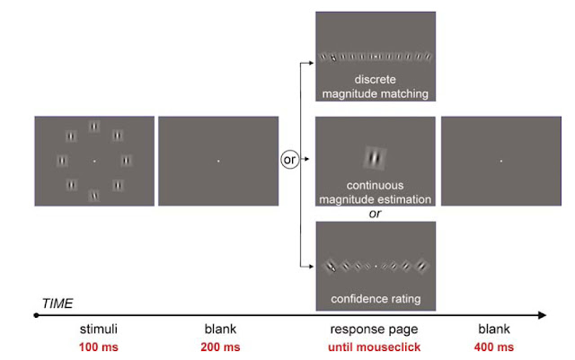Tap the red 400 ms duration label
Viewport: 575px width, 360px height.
pyautogui.click(x=495, y=347)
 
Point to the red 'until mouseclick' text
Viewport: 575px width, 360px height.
pyautogui.click(x=375, y=347)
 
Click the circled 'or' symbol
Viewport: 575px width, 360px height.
pyautogui.click(x=289, y=160)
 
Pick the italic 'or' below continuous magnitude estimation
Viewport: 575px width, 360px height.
pyautogui.click(x=375, y=214)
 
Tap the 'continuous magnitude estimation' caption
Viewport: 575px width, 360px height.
pyautogui.click(x=376, y=192)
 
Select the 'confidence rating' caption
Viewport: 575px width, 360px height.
pyautogui.click(x=376, y=298)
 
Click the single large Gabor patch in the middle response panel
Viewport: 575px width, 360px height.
pyautogui.click(x=375, y=158)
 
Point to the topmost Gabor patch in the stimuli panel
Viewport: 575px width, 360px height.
pyautogui.click(x=93, y=127)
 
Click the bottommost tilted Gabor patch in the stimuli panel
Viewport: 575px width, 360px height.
pyautogui.click(x=93, y=195)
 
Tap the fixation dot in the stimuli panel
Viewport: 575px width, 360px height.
pyautogui.click(x=93, y=162)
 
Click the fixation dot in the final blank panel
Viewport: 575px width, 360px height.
pyautogui.click(x=500, y=162)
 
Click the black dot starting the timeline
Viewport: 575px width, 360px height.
pyautogui.click(x=36, y=316)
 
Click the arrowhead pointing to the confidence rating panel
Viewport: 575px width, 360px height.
pyautogui.click(x=310, y=266)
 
